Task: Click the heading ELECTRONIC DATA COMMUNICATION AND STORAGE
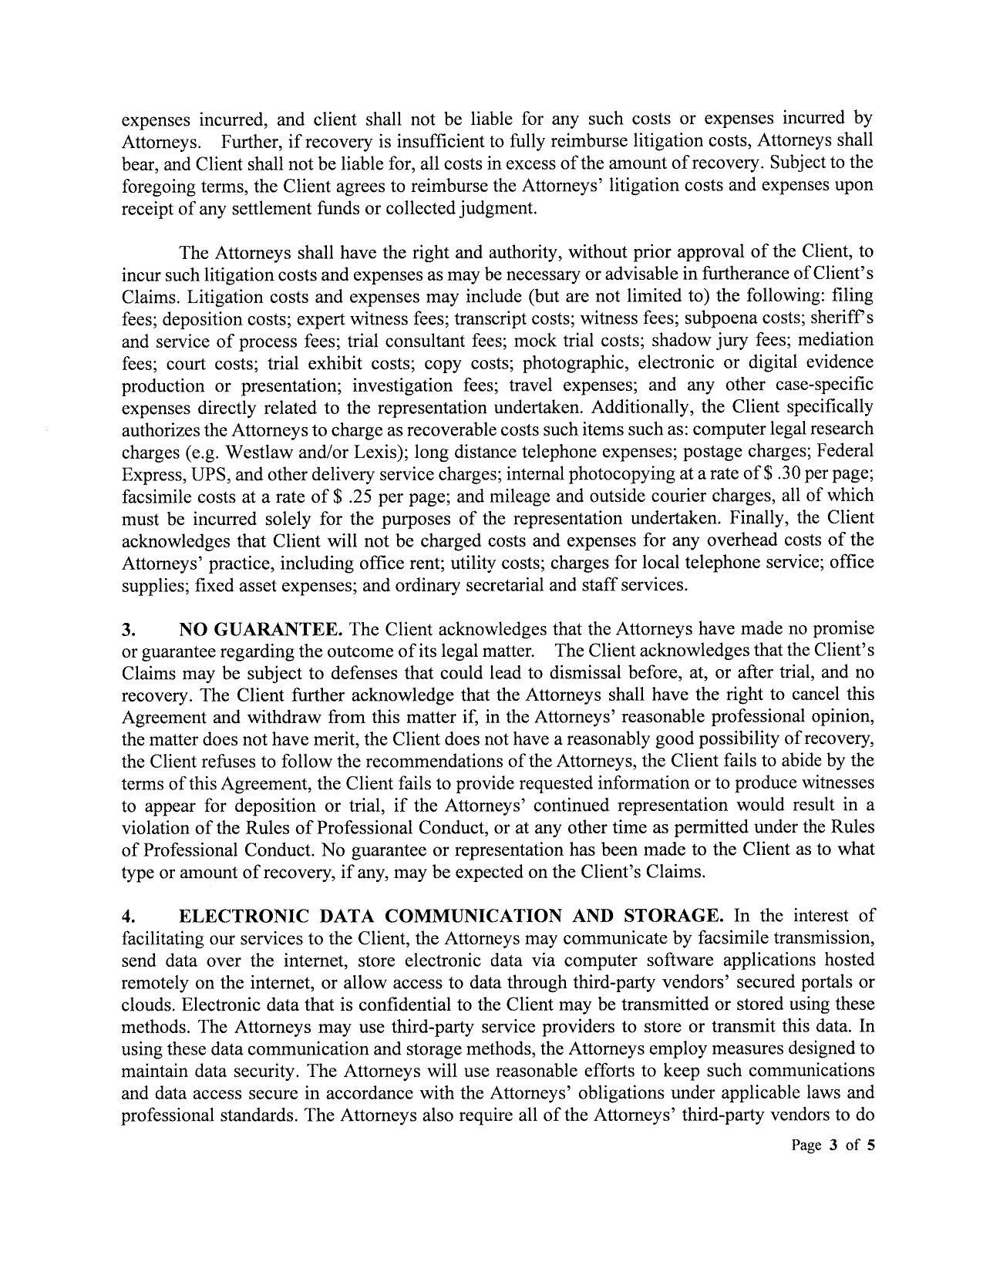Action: [x=451, y=916]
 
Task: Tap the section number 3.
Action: [x=127, y=629]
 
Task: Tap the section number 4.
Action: [x=128, y=917]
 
